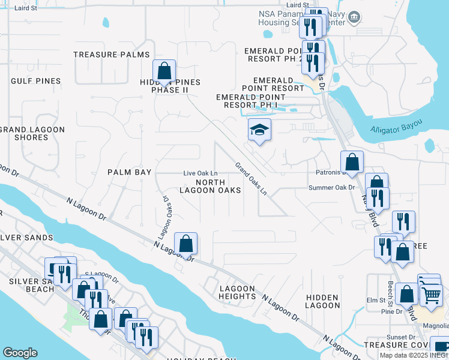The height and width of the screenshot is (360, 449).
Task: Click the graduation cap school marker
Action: tap(260, 130)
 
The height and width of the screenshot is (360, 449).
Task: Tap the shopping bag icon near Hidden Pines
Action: tap(164, 71)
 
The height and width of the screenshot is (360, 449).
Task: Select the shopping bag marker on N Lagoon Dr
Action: tap(186, 244)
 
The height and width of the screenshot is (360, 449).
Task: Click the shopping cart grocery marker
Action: tap(431, 295)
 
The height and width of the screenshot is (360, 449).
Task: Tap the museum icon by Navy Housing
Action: tap(354, 16)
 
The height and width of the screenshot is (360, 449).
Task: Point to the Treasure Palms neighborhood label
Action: tap(112, 55)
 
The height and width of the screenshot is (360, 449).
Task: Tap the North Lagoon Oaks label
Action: tap(210, 186)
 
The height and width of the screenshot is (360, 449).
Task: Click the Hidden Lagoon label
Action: tap(322, 302)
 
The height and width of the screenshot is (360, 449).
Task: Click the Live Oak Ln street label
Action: tap(200, 173)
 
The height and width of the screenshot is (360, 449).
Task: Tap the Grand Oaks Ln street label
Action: tap(250, 178)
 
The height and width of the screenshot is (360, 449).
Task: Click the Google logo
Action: tap(20, 353)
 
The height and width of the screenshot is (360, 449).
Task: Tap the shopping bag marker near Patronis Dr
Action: tap(352, 162)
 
